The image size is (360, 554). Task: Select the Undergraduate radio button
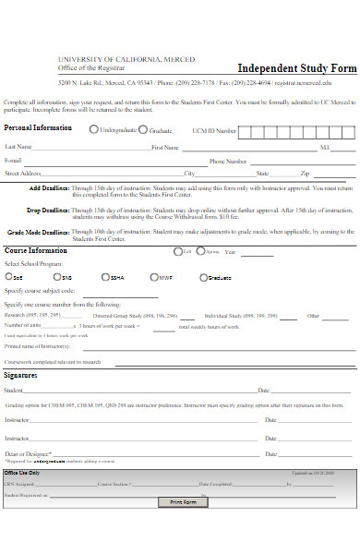pos(93,130)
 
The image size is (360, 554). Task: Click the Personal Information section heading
pos(39,127)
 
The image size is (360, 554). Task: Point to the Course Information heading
pos(35,250)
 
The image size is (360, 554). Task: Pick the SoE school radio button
pos(7,276)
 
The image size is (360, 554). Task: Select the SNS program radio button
pos(55,276)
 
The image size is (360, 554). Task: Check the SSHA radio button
pos(105,276)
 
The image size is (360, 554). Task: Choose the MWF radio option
pos(152,276)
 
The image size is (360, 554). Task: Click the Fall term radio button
pos(177,250)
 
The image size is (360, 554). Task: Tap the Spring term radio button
pos(200,250)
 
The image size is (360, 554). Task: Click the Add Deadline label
pos(48,187)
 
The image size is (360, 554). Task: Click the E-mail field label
pos(13,160)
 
